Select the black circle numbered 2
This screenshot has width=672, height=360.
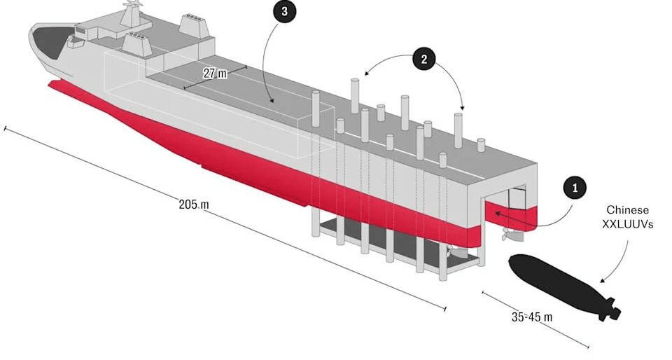pyautogui.click(x=424, y=59)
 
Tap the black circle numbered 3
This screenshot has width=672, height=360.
pyautogui.click(x=284, y=12)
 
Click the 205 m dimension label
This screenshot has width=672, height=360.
pyautogui.click(x=194, y=204)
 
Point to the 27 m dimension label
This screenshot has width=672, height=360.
pyautogui.click(x=215, y=74)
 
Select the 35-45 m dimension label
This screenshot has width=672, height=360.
pyautogui.click(x=532, y=317)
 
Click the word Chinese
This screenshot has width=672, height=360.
pyautogui.click(x=627, y=210)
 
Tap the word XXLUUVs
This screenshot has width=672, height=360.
pyautogui.click(x=628, y=223)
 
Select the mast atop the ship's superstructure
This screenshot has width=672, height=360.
pyautogui.click(x=132, y=13)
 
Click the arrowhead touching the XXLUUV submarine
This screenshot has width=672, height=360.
pyautogui.click(x=602, y=280)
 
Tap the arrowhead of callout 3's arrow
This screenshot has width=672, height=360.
pyautogui.click(x=272, y=101)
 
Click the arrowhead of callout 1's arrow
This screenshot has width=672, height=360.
pyautogui.click(x=497, y=213)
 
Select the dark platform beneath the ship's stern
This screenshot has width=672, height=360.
pyautogui.click(x=396, y=242)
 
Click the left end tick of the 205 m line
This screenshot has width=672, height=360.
pyautogui.click(x=5, y=129)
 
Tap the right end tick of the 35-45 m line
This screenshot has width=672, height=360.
pyautogui.click(x=588, y=347)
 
